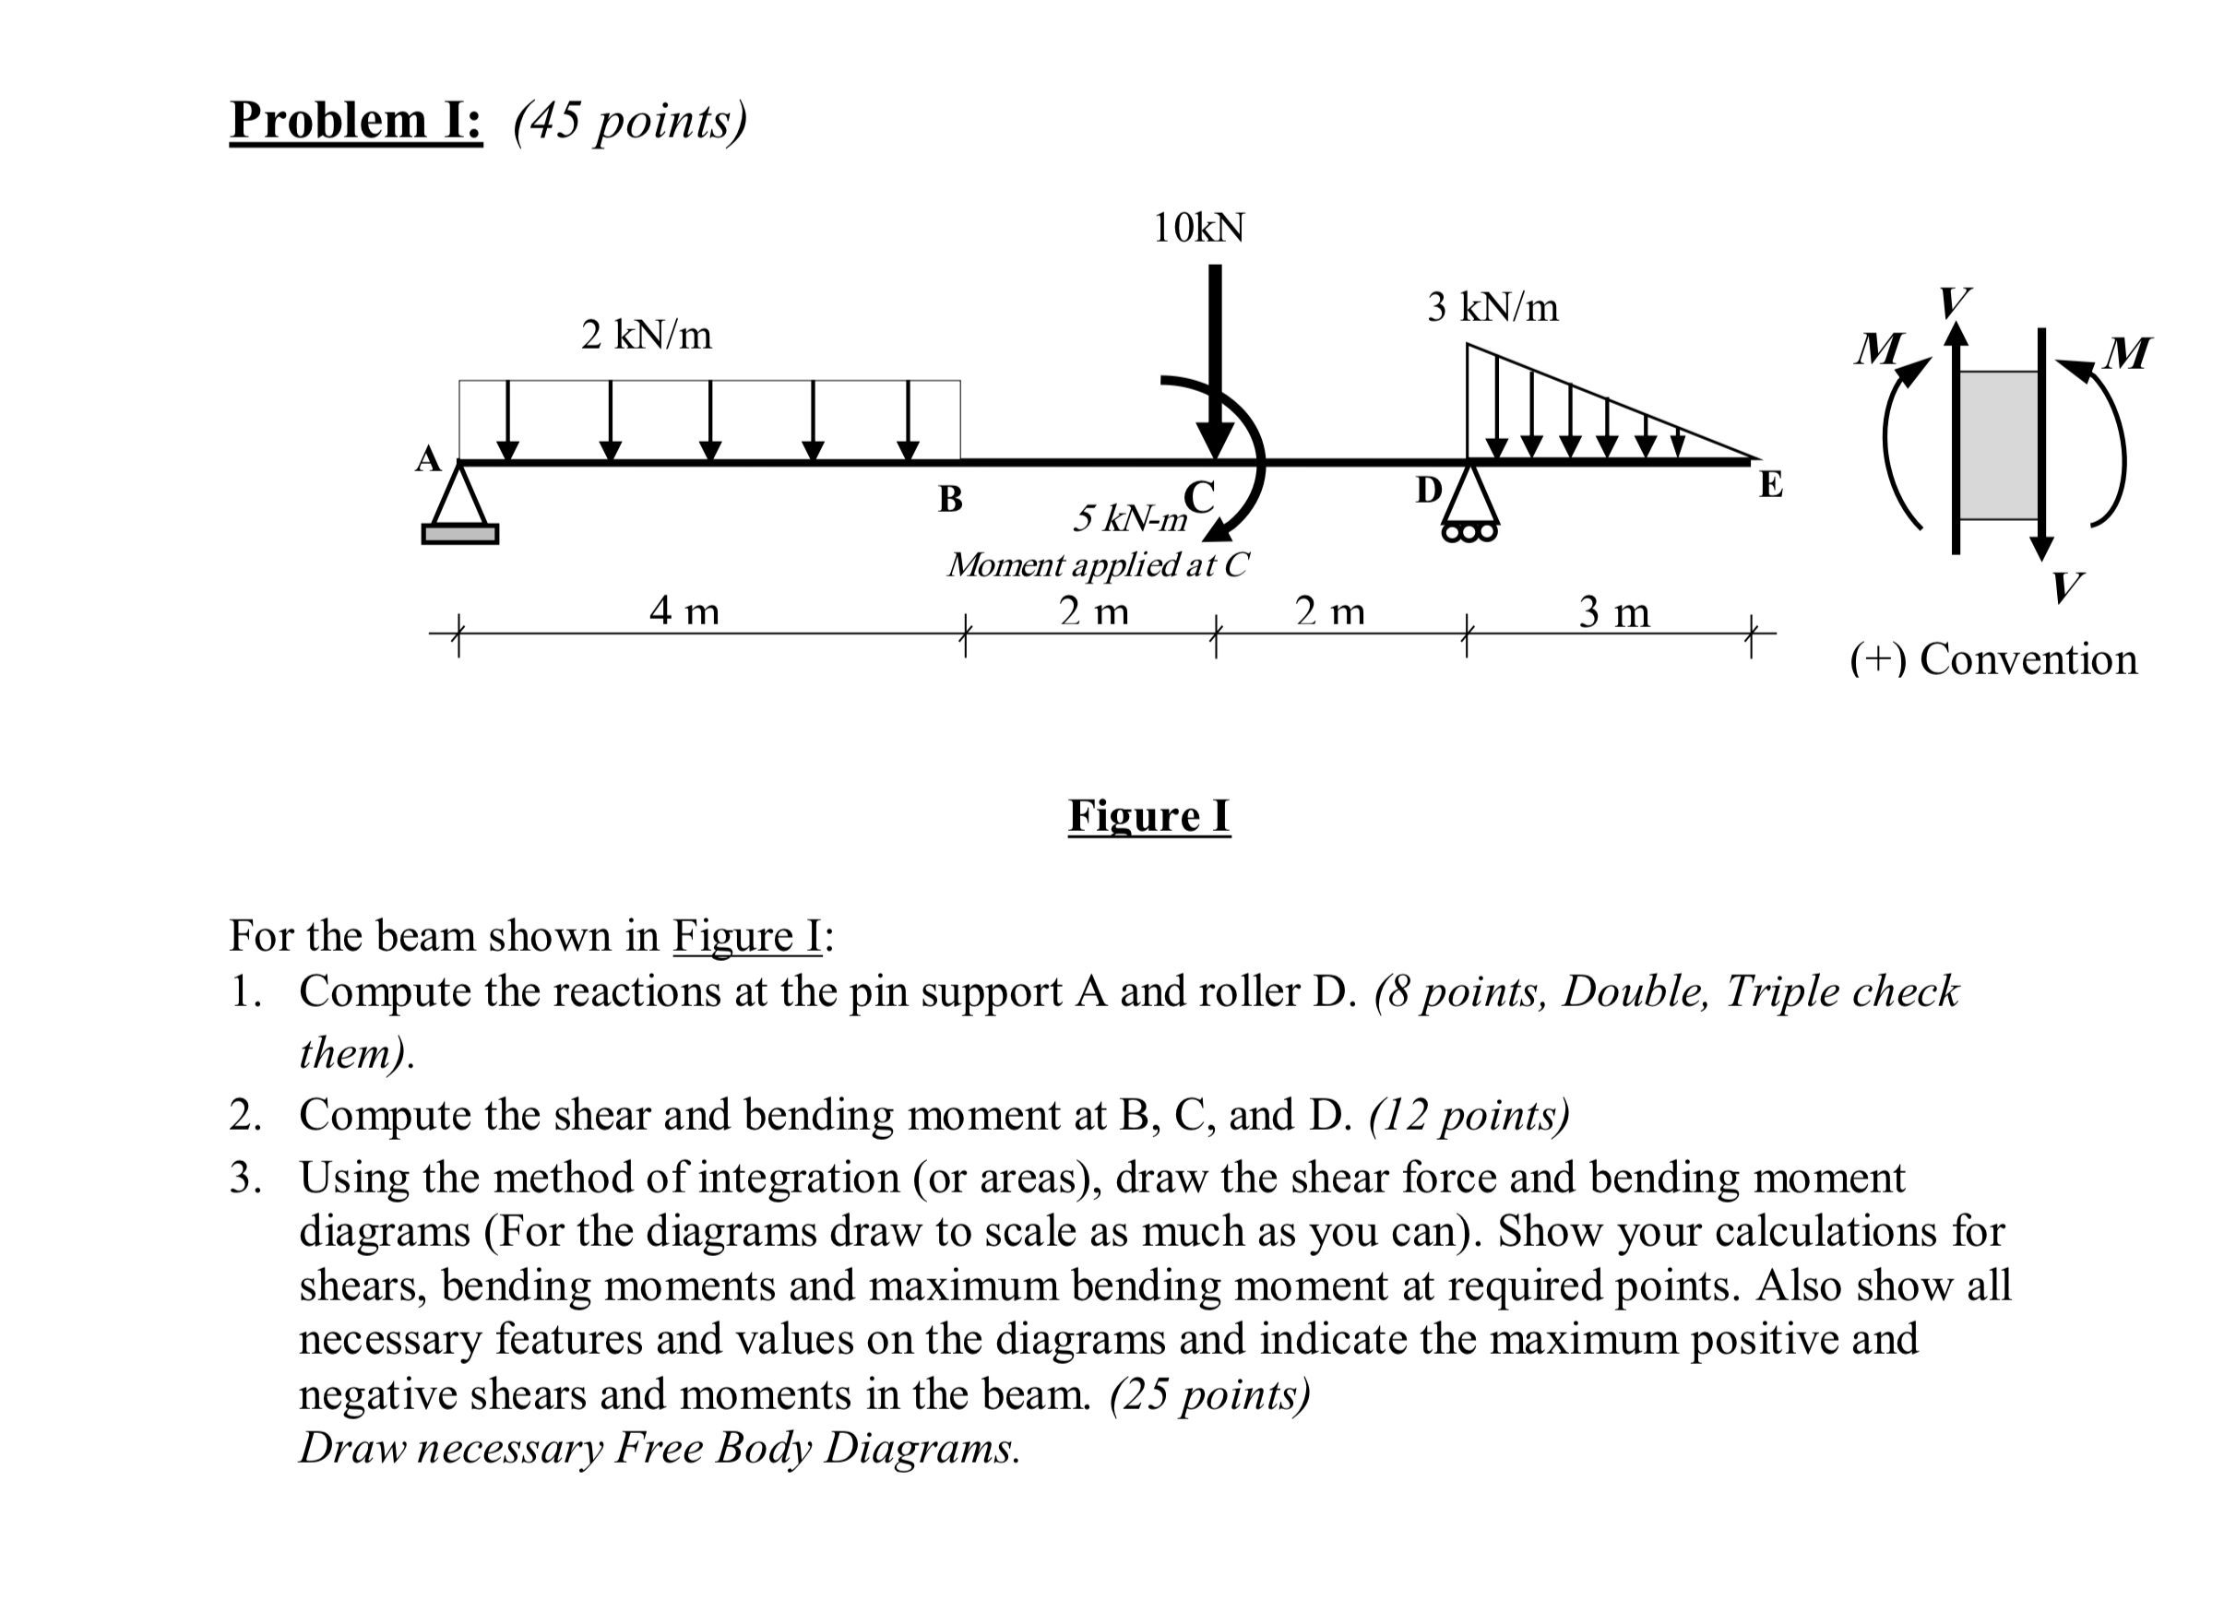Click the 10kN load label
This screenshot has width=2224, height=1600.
pos(1198,228)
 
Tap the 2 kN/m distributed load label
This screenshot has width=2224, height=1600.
pos(647,336)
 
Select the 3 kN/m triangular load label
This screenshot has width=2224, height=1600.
pos(1493,308)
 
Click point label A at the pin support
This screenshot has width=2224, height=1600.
pos(427,459)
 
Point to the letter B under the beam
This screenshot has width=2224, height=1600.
pos(950,499)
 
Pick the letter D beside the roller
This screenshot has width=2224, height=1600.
pos(1429,489)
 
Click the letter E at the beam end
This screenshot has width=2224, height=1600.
pos(1771,484)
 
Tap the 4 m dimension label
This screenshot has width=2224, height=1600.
pos(684,611)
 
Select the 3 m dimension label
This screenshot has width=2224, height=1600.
pos(1614,612)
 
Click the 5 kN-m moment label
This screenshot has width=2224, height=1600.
pos(1130,517)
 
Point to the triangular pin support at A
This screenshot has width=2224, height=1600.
pos(459,497)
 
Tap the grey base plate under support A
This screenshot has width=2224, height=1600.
pos(460,534)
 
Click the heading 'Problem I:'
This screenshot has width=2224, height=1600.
pos(356,121)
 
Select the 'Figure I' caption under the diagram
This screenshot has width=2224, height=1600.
pos(1149,816)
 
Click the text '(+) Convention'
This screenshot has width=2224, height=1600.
pos(1993,658)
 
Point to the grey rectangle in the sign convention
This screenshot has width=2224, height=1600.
pos(1998,445)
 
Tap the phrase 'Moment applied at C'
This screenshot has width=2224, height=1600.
pos(1099,564)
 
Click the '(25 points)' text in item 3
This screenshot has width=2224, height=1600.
pos(1210,1393)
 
